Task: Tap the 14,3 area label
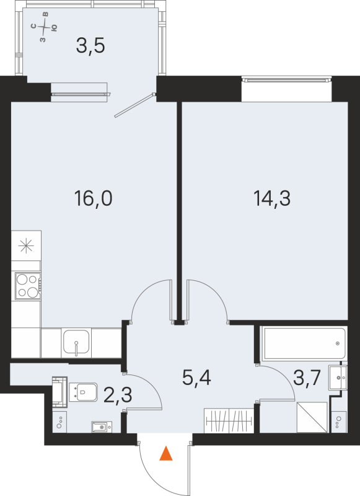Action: click(271, 199)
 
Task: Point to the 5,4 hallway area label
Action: click(197, 378)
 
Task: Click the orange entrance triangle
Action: click(165, 454)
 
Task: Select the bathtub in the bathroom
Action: click(302, 343)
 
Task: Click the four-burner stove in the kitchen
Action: click(26, 286)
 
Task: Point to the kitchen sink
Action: click(76, 343)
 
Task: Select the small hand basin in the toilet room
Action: click(100, 427)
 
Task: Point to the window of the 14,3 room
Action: click(287, 79)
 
